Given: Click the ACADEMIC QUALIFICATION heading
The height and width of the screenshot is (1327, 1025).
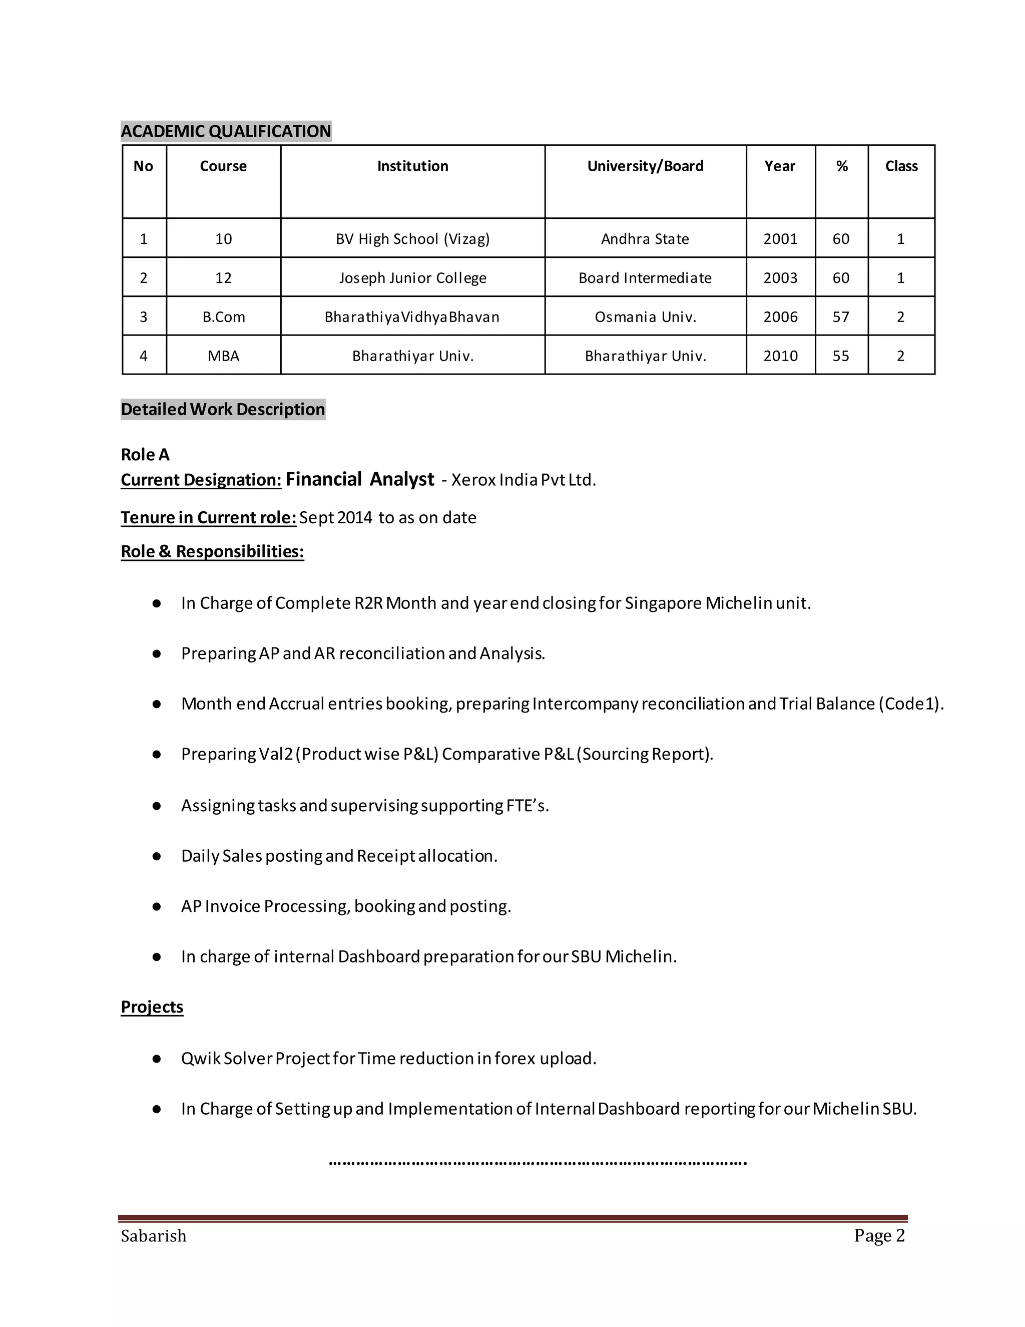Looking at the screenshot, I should pos(226,131).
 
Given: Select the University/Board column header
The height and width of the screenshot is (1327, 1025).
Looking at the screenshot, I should pos(645,166).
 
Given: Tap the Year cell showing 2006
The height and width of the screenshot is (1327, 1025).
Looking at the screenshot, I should pos(780,317).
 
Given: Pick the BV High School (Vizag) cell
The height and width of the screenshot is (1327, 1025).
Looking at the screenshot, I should pos(412,239).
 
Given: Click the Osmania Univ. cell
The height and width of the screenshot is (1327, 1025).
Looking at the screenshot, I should pos(645,317).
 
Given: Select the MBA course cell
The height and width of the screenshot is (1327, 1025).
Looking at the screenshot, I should pos(223,356).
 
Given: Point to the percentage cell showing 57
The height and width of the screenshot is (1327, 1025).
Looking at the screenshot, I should pos(841,317).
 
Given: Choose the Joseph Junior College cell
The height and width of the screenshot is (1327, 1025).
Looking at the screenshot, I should pos(412,278).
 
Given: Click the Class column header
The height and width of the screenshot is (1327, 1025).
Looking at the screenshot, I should pos(901,166).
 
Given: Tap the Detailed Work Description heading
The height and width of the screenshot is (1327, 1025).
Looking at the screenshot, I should pos(223,410).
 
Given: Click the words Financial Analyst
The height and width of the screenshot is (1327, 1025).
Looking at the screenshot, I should pos(359,479).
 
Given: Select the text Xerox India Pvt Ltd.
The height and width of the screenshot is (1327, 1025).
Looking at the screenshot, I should pos(524,480).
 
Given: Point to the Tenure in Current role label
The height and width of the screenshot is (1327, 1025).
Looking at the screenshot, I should pos(208,518).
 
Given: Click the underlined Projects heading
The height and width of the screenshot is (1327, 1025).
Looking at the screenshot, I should pos(152,1007).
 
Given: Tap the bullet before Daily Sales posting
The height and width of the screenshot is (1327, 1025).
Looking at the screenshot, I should pos(157,856).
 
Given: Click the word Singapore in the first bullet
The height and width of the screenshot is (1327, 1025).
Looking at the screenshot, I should pos(663,603).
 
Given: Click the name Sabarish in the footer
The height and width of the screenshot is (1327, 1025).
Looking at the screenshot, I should pos(154,1236).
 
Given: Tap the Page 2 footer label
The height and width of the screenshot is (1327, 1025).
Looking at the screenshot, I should pos(879,1235).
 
